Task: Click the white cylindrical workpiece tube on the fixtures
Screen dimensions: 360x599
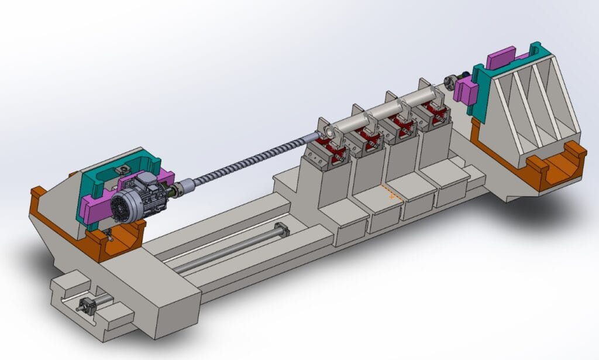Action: [386, 109]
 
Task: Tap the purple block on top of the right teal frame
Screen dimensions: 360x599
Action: [501, 57]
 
